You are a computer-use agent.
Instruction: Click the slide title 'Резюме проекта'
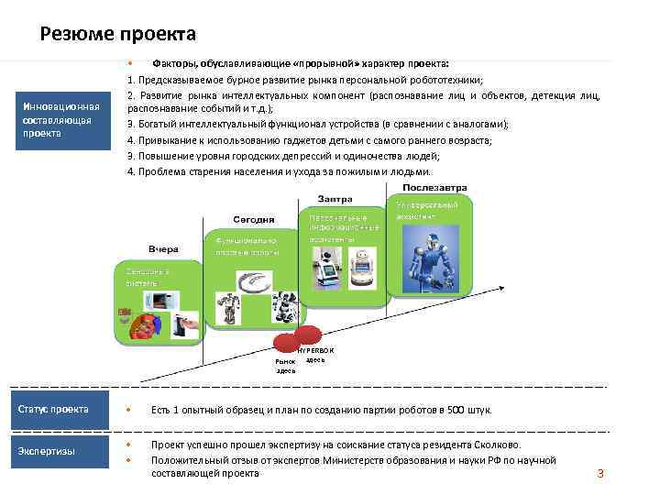coord(118,35)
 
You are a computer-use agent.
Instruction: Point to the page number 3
coord(600,474)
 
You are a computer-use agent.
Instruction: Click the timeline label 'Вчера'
coord(163,248)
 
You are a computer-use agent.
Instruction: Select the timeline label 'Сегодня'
coord(253,219)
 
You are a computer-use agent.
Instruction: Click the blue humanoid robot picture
coord(431,257)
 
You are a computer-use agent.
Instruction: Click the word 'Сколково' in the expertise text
coord(497,445)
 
